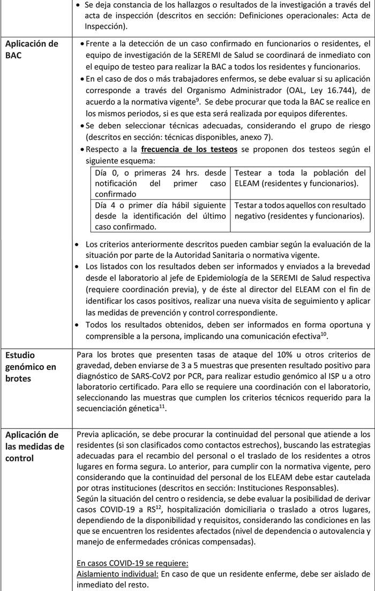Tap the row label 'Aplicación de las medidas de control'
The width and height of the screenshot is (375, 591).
33,445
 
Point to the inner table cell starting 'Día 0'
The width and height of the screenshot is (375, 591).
160,176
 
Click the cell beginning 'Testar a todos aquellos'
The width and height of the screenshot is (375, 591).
300,210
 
